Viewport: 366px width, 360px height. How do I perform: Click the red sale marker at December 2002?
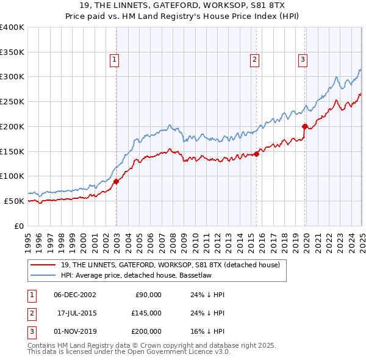click(116, 181)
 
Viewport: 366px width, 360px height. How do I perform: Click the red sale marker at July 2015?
click(257, 154)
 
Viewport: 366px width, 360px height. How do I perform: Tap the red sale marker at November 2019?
click(305, 126)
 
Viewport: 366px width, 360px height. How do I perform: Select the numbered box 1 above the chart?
click(115, 59)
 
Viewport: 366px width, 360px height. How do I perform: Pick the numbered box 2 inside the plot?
click(254, 59)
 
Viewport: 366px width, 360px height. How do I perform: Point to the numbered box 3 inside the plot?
click(303, 59)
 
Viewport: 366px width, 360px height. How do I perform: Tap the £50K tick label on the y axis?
click(15, 201)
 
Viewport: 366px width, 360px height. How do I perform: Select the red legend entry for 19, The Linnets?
click(170, 265)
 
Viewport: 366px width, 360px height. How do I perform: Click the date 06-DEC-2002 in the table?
click(74, 295)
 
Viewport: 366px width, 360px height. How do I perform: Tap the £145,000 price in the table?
click(146, 313)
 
